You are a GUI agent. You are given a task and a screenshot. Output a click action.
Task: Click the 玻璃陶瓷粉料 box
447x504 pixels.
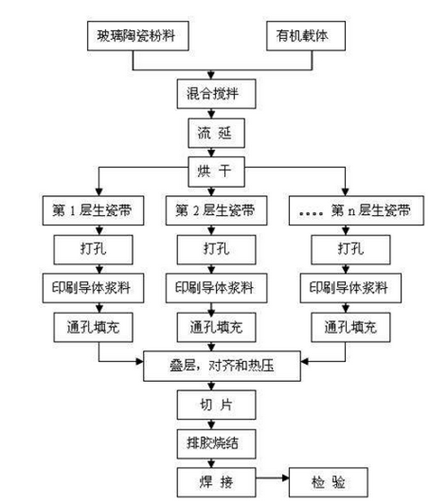point(138,36)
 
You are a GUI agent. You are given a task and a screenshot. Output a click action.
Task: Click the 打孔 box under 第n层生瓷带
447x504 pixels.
point(344,249)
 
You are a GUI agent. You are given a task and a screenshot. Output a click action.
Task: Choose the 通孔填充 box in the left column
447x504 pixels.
point(93,327)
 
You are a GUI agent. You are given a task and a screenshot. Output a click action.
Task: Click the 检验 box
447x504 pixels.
point(328,482)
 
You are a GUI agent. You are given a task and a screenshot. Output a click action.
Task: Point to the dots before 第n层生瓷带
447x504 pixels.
point(311,212)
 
